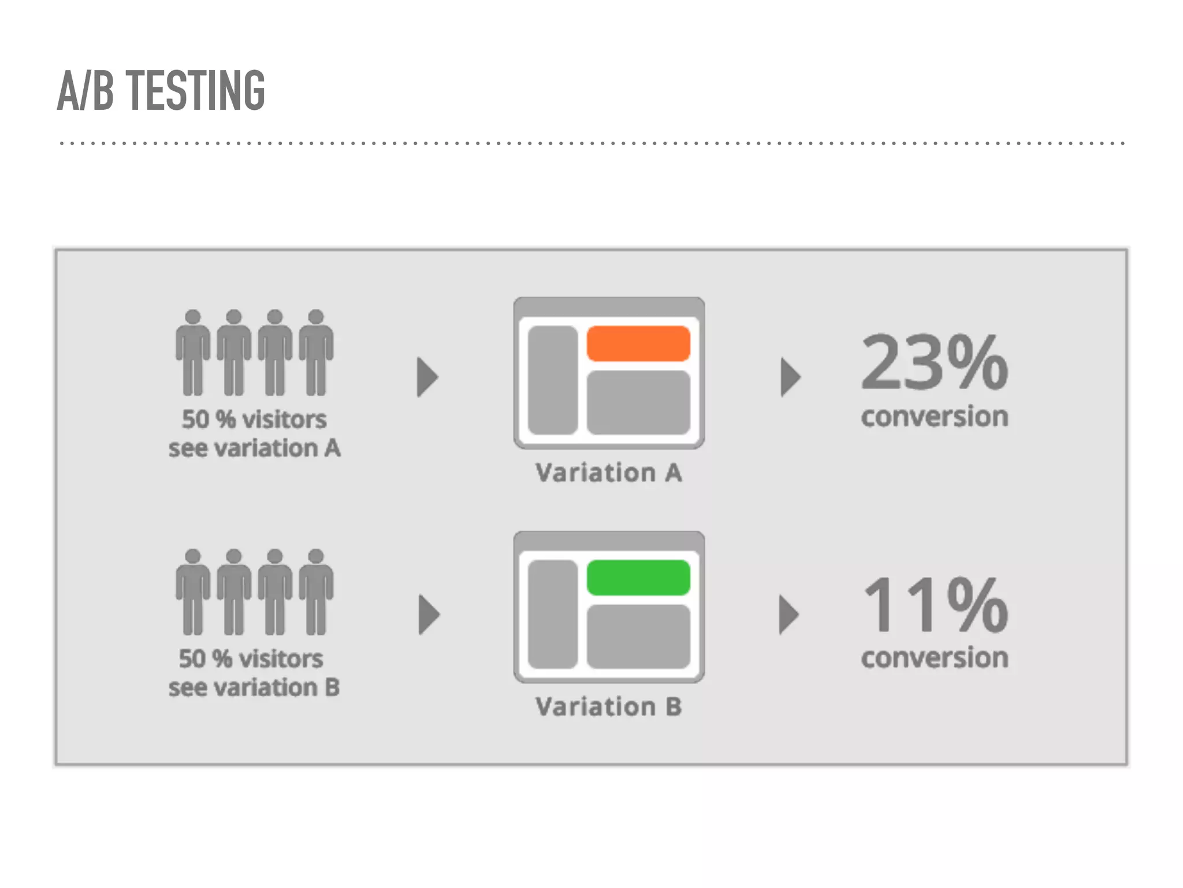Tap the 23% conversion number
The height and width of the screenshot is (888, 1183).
[x=934, y=362]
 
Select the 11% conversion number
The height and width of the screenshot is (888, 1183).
[x=934, y=605]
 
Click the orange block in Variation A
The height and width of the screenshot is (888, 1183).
[x=638, y=343]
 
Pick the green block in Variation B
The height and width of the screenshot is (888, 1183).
[x=638, y=578]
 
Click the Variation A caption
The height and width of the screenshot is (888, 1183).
[x=609, y=473]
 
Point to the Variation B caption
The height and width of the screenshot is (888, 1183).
[x=609, y=707]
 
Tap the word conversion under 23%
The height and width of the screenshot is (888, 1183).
[x=934, y=416]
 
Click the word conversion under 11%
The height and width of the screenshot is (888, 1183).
[x=934, y=658]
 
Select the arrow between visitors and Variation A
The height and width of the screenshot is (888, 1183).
[x=427, y=377]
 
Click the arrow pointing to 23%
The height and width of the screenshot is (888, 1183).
[x=790, y=377]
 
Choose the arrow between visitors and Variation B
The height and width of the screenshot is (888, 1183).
[x=428, y=615]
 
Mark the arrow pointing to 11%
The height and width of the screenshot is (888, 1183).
[x=788, y=615]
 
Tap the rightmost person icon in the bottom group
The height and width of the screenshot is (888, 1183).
[x=316, y=592]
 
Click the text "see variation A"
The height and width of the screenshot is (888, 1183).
[x=254, y=449]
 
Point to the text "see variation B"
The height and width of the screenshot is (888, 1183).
[x=254, y=688]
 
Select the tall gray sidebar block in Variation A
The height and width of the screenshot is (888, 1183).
[x=553, y=380]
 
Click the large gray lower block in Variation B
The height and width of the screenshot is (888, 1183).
[x=638, y=637]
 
